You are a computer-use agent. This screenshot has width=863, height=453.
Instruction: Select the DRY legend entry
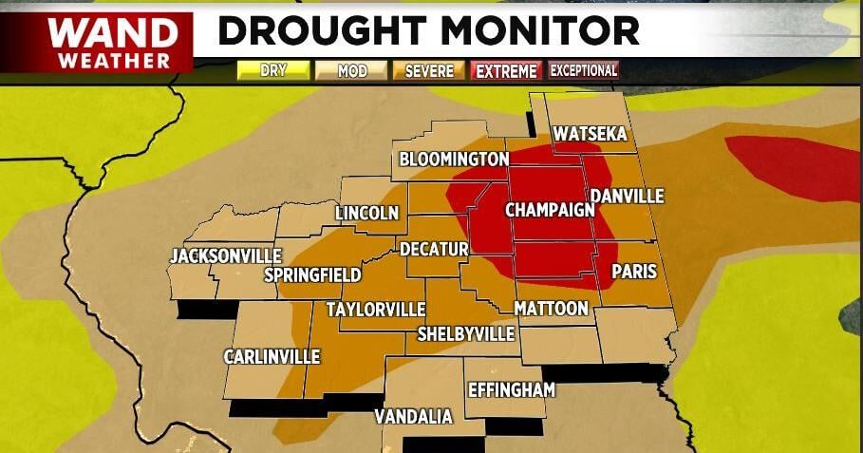pos(273,70)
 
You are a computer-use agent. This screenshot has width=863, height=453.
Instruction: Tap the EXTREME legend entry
pos(507,70)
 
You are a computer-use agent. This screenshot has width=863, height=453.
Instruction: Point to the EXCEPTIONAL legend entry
pos(584,70)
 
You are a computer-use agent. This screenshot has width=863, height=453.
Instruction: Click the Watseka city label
pos(591,134)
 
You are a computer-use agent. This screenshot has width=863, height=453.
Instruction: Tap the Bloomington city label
pos(454,159)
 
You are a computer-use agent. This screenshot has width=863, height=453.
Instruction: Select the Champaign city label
pos(549,209)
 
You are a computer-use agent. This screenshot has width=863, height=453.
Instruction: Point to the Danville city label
pos(627,197)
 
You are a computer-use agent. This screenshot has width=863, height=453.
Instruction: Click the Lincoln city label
pos(366,213)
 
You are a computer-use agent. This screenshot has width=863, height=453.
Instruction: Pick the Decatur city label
pos(434,249)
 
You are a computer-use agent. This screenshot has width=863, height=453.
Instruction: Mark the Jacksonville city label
pos(225,255)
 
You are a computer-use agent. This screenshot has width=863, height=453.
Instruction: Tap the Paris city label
pos(634,272)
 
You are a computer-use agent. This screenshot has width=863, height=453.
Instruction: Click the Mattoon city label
pos(551,308)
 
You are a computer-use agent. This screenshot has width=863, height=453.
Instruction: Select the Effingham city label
pos(511,390)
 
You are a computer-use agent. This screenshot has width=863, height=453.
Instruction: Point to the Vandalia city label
pos(413,416)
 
